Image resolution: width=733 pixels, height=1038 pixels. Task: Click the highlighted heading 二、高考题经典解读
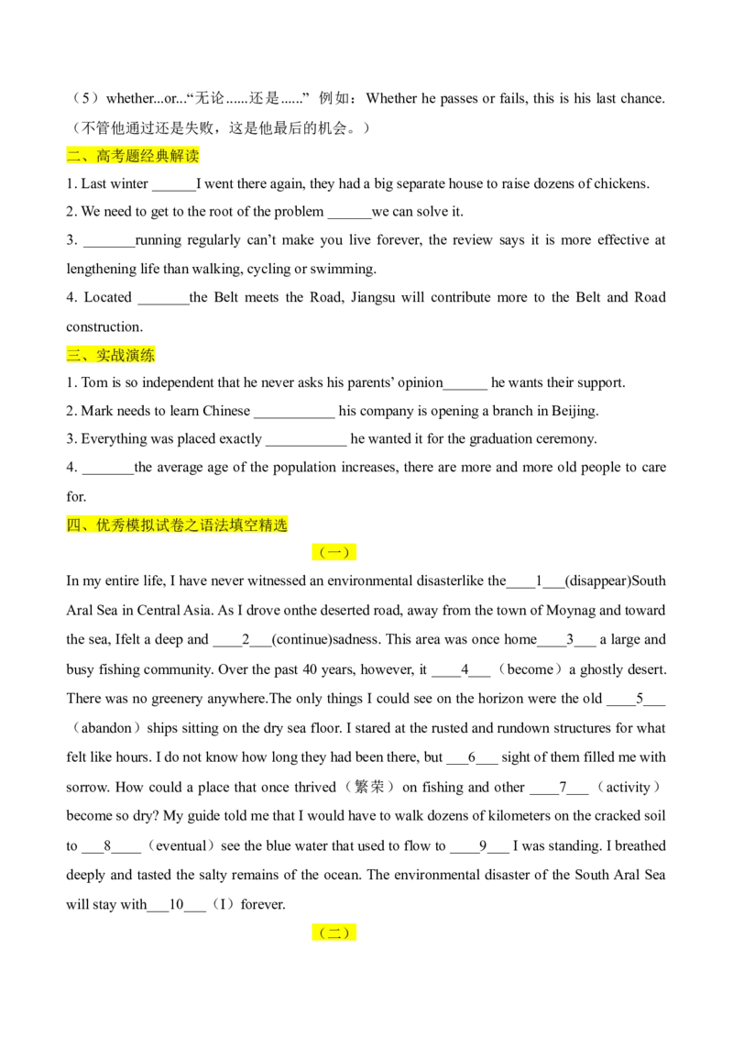tap(133, 156)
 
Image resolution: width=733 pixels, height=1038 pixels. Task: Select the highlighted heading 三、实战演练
tap(111, 355)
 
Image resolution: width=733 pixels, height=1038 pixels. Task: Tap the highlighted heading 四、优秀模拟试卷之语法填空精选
tap(178, 525)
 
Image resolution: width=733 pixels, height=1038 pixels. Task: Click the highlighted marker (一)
tap(334, 552)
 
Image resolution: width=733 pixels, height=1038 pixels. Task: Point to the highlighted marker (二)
tap(334, 933)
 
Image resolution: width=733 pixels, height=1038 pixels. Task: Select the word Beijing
tap(574, 411)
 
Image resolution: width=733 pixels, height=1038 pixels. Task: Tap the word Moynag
tap(570, 611)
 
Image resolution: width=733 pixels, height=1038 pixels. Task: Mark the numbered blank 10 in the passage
tap(177, 905)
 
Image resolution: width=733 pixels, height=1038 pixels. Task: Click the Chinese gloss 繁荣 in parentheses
tap(369, 787)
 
